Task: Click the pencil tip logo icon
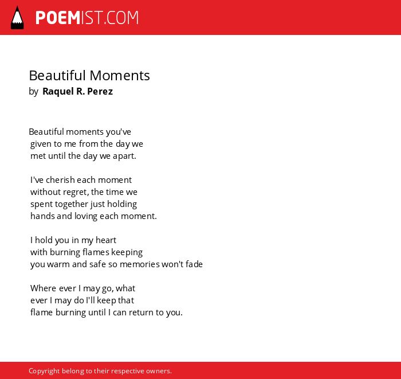[17, 18]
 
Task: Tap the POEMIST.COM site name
[87, 18]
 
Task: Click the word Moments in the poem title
[120, 76]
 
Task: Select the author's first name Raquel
[58, 91]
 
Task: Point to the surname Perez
[100, 91]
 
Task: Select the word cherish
[60, 180]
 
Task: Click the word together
[72, 204]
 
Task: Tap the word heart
[106, 240]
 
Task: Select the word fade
[194, 264]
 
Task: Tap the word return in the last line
[141, 312]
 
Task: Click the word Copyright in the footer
[44, 371]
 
